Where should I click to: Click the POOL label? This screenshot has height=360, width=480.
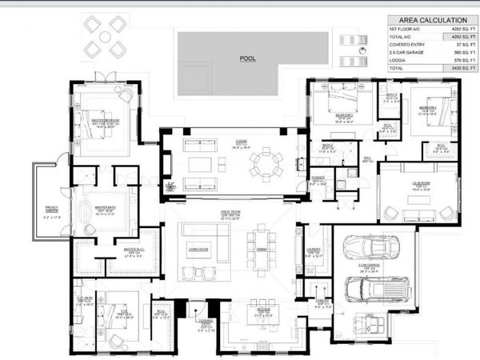(247, 59)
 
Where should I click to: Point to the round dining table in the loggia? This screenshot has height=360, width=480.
(265, 163)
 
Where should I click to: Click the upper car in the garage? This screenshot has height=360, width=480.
(374, 248)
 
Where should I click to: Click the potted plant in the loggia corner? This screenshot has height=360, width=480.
(170, 187)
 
